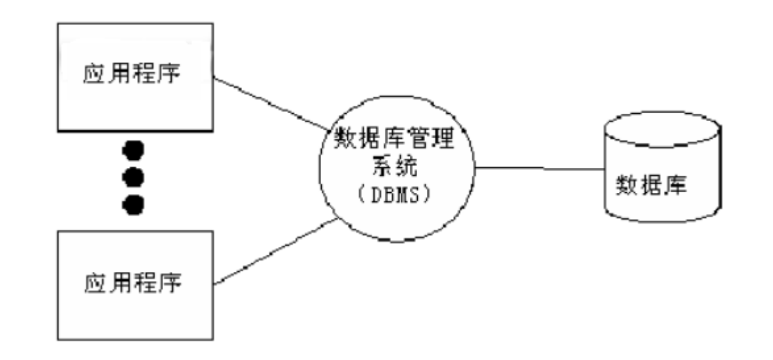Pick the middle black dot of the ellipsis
[x=134, y=177]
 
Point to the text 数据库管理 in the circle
[x=397, y=139]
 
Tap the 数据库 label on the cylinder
[x=651, y=186]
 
